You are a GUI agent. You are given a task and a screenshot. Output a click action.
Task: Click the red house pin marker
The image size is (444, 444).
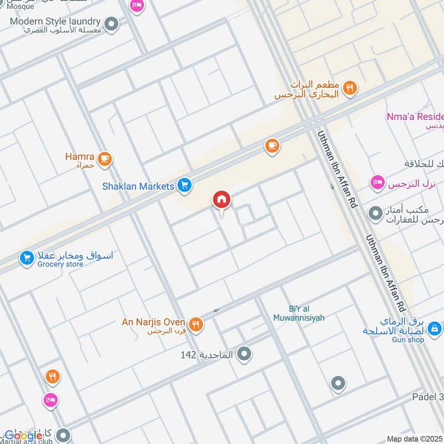tap(221, 200)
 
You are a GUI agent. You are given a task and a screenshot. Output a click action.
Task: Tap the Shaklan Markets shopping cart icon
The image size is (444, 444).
tap(185, 186)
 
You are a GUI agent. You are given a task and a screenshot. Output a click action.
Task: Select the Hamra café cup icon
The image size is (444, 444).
tap(104, 159)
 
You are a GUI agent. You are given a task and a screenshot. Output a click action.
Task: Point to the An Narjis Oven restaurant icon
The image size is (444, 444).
tap(195, 324)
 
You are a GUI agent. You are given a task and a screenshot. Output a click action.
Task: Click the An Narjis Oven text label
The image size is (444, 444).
tap(154, 322)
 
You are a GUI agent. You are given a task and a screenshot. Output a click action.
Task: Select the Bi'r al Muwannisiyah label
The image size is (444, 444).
tap(299, 313)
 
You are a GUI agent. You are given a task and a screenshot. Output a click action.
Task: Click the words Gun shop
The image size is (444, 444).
tap(408, 340)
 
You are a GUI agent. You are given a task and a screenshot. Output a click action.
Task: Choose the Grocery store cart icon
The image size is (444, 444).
tap(26, 258)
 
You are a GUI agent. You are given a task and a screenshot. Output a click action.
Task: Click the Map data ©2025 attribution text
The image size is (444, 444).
tap(414, 439)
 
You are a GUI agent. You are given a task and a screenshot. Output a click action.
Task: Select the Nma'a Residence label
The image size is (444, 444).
tap(415, 117)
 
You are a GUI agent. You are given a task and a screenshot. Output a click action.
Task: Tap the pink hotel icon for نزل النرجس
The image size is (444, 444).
tap(377, 183)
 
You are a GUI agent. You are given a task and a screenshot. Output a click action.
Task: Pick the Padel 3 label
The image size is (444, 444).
tap(428, 397)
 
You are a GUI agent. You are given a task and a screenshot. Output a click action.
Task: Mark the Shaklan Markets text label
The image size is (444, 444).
tap(138, 186)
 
